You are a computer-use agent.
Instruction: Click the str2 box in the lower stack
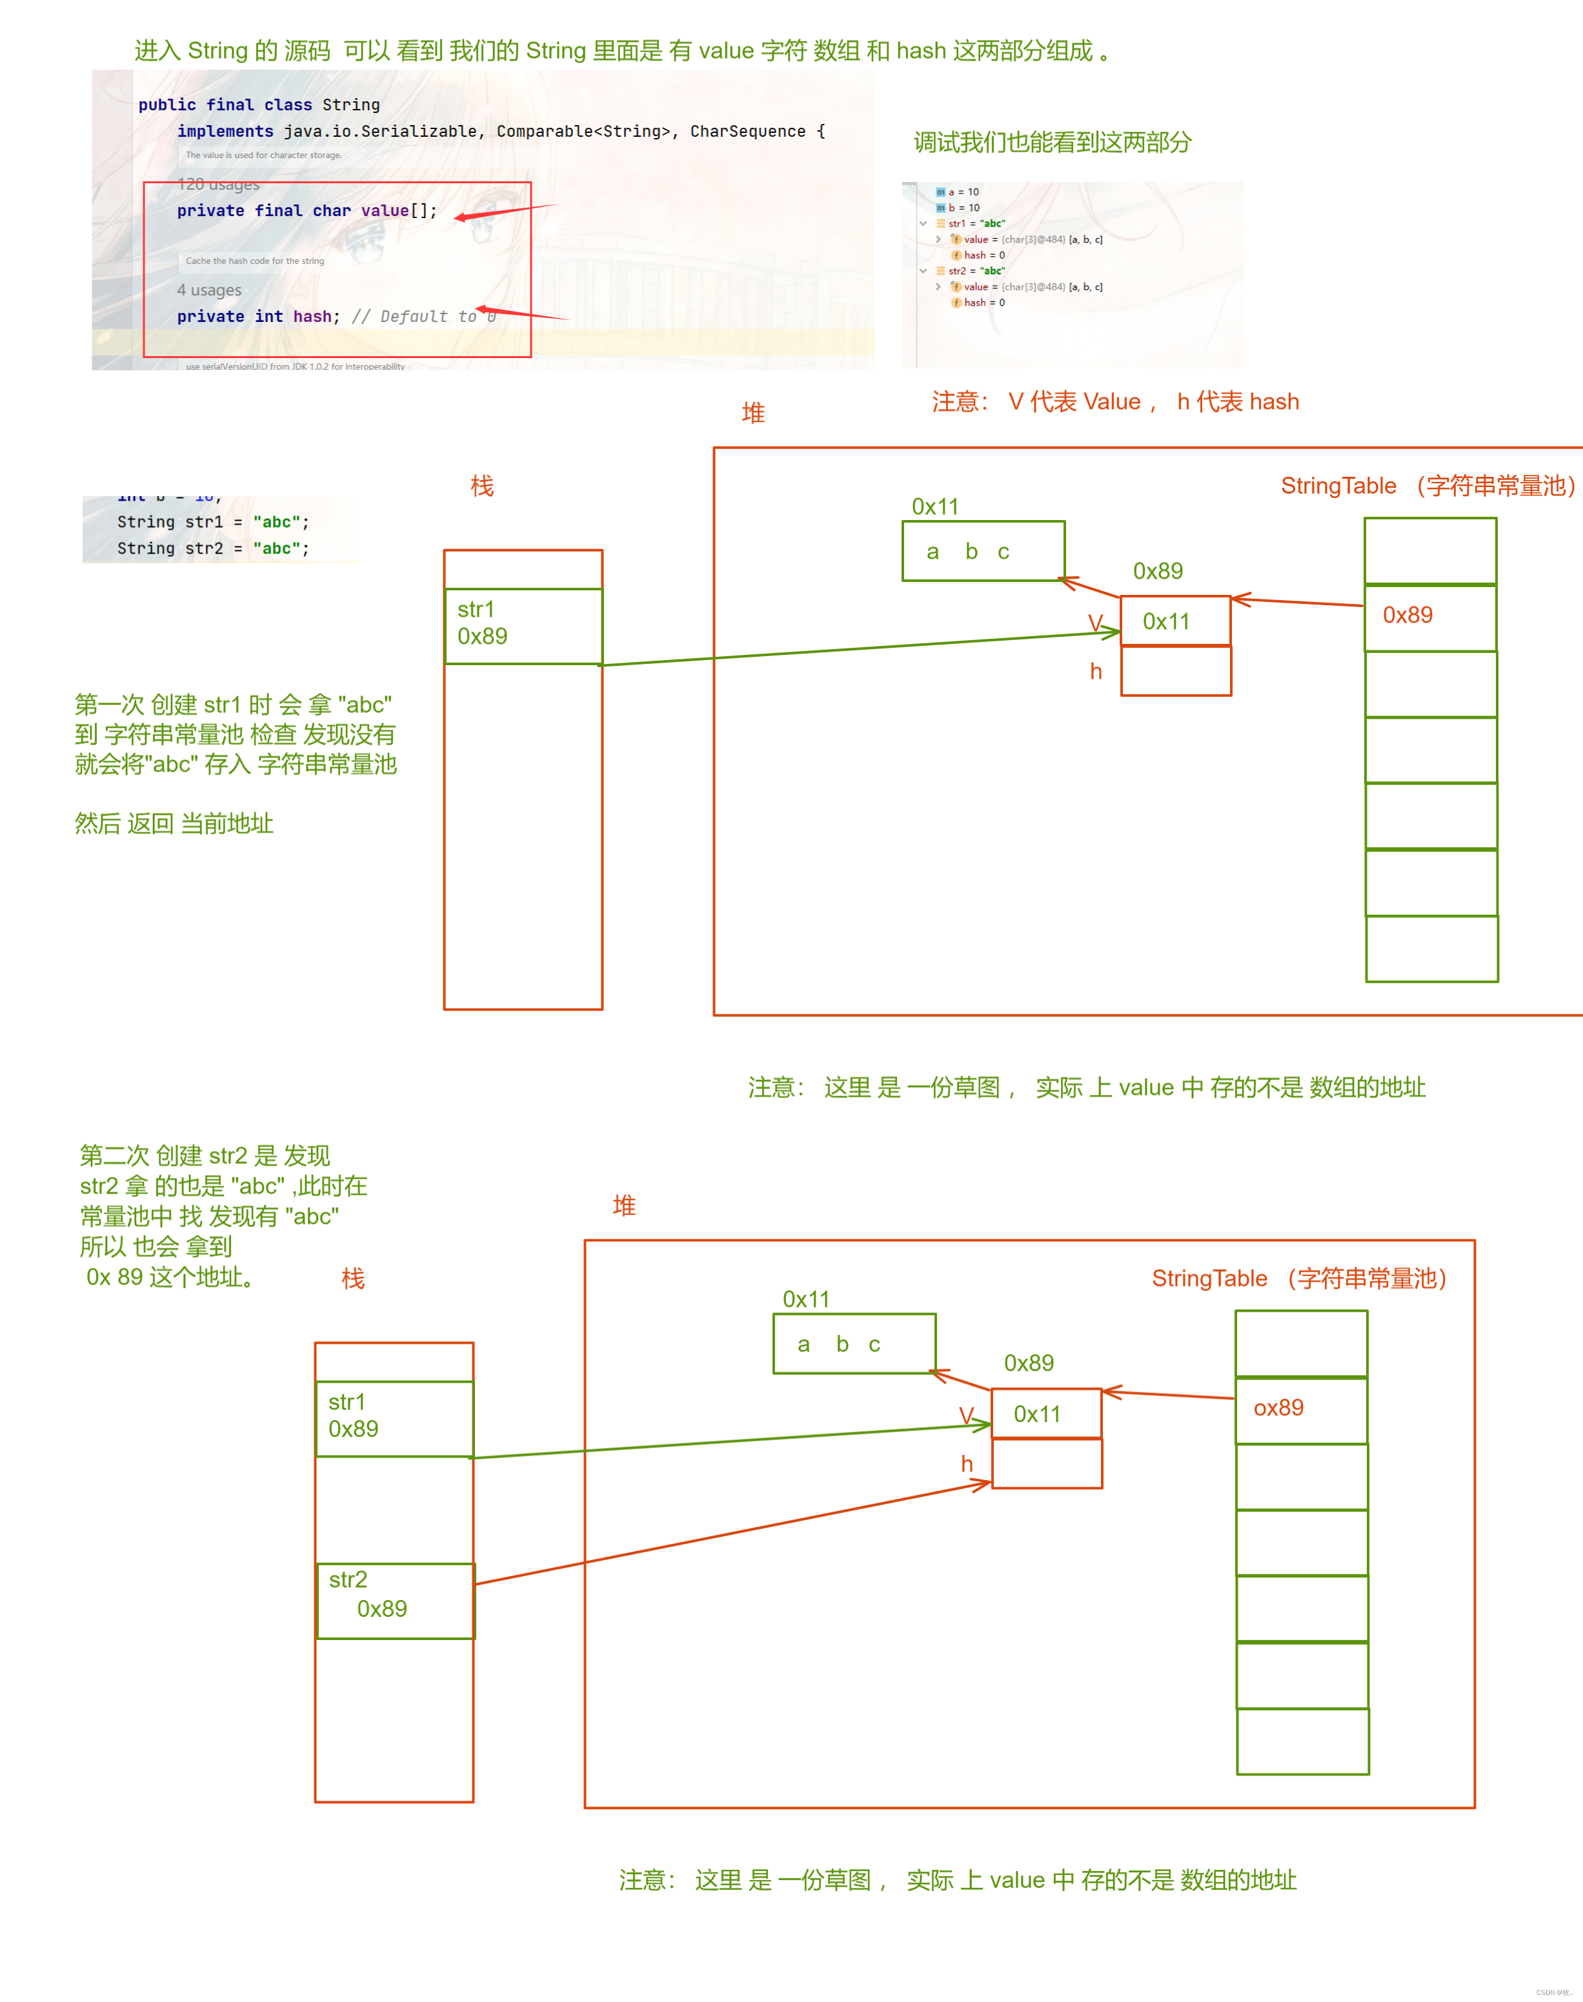[x=396, y=1601]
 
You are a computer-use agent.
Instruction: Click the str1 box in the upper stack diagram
[x=523, y=626]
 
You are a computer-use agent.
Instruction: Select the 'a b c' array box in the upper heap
[x=983, y=551]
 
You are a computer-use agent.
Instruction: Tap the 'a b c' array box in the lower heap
[x=854, y=1343]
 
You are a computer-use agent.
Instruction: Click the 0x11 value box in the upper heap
[x=1175, y=621]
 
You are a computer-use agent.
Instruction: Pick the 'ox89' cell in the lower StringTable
[x=1301, y=1409]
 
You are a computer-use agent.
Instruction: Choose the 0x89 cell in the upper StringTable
[x=1430, y=617]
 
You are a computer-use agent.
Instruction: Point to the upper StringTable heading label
[x=1428, y=485]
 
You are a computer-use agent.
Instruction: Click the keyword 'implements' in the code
[x=225, y=132]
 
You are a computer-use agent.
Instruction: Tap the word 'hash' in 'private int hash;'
[x=312, y=317]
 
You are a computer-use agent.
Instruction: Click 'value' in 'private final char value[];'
[x=385, y=211]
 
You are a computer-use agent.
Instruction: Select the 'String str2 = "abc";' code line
[x=213, y=548]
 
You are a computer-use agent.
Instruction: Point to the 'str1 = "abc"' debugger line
[x=976, y=223]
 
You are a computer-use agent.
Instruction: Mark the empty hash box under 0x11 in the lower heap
[x=1046, y=1464]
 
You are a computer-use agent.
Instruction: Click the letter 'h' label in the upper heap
[x=1096, y=672]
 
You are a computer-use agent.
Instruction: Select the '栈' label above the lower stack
[x=352, y=1279]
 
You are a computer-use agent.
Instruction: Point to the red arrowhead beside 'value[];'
[x=461, y=217]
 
